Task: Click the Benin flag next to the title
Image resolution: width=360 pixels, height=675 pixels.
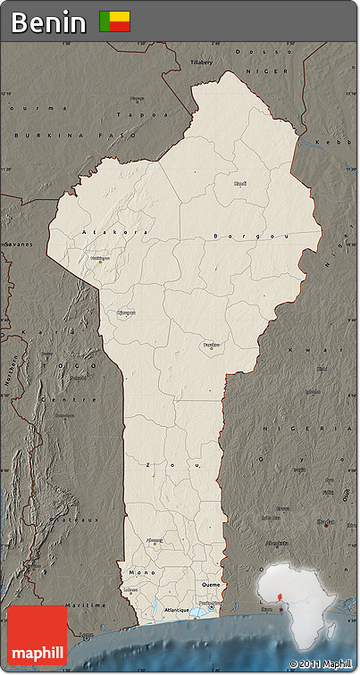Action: coord(114,21)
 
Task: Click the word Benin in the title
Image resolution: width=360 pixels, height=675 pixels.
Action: coord(49,22)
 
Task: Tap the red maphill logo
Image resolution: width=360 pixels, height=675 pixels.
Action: coord(37,636)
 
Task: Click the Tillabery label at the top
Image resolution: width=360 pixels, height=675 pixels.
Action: coord(203,62)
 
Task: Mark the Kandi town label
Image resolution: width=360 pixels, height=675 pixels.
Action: coord(240,184)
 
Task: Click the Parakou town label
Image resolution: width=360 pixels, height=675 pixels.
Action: coord(211,344)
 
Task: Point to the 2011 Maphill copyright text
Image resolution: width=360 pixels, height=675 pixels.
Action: coord(321,664)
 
